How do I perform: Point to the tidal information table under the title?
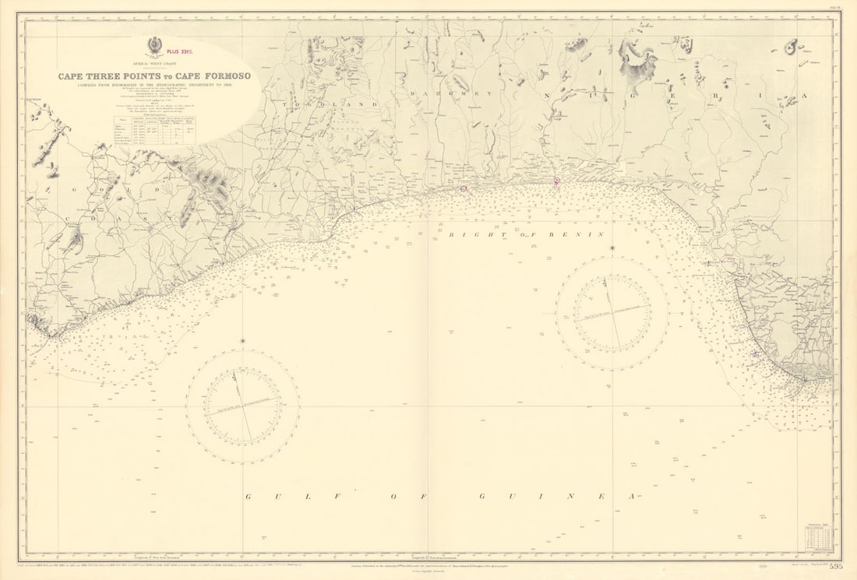pos(152,131)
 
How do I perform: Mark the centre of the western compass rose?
pos(242,406)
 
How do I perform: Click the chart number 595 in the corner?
pos(836,566)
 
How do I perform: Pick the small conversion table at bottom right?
pos(818,538)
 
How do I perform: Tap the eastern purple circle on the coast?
pos(556,181)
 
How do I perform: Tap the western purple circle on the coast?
pos(464,188)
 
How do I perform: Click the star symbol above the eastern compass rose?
pos(612,248)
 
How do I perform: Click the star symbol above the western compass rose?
pos(242,341)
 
